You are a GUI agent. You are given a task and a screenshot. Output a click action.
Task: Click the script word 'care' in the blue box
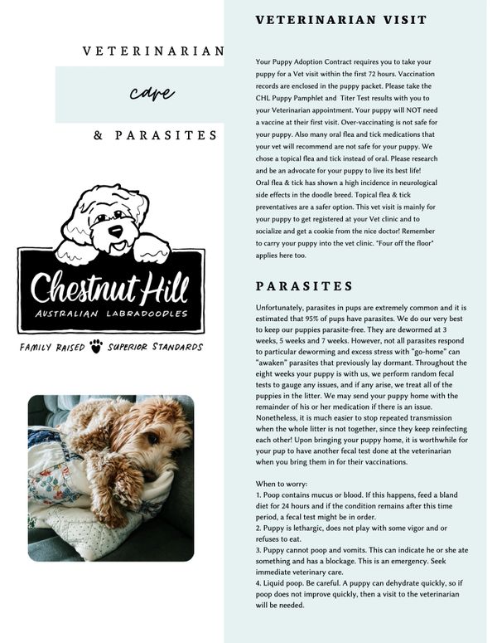pyautogui.click(x=145, y=93)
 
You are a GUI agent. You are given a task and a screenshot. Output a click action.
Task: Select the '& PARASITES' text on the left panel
pyautogui.click(x=155, y=135)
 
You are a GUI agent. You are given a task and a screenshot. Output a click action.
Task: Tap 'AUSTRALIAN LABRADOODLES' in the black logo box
pyautogui.click(x=110, y=315)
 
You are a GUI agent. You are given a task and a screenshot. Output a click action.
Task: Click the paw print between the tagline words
pyautogui.click(x=96, y=345)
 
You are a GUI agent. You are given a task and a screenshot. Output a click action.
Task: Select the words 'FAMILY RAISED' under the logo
pyautogui.click(x=52, y=346)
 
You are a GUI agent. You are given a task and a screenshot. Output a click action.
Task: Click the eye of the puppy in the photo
pyautogui.click(x=152, y=440)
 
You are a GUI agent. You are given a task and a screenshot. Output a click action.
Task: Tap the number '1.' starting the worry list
pyautogui.click(x=258, y=494)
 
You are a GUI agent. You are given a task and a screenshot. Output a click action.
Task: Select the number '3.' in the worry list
pyautogui.click(x=258, y=548)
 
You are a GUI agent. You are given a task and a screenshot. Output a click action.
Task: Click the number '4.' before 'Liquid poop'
pyautogui.click(x=258, y=582)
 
